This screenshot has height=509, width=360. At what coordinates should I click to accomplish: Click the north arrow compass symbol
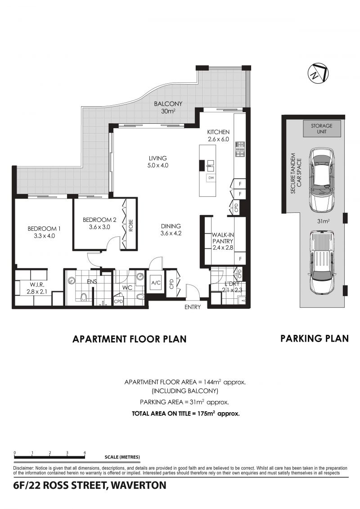point(318,73)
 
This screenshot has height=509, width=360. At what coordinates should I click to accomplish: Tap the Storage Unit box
point(321,129)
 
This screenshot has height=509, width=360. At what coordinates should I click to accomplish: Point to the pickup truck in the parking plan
point(321,262)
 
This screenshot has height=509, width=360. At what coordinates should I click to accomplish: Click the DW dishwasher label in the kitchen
point(211,178)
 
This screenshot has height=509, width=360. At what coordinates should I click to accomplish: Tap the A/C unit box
point(156,283)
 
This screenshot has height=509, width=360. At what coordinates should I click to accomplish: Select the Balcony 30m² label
point(168,108)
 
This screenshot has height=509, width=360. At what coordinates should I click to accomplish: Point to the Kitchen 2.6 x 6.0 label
point(218,136)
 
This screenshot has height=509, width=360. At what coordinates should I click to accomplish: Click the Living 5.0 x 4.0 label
point(158,162)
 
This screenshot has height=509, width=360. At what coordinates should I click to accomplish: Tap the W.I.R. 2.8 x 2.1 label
point(37,288)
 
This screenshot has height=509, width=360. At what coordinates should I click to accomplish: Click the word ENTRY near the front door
point(193,307)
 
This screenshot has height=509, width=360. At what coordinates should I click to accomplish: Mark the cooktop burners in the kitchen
point(239,149)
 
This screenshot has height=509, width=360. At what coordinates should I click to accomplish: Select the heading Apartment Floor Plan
point(130,339)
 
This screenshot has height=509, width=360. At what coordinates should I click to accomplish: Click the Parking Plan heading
point(315,338)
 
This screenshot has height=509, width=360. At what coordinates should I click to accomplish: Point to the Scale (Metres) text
point(122,457)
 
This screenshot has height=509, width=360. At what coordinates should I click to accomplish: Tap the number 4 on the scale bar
point(85,452)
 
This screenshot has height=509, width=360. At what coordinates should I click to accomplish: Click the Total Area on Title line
point(186,414)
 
